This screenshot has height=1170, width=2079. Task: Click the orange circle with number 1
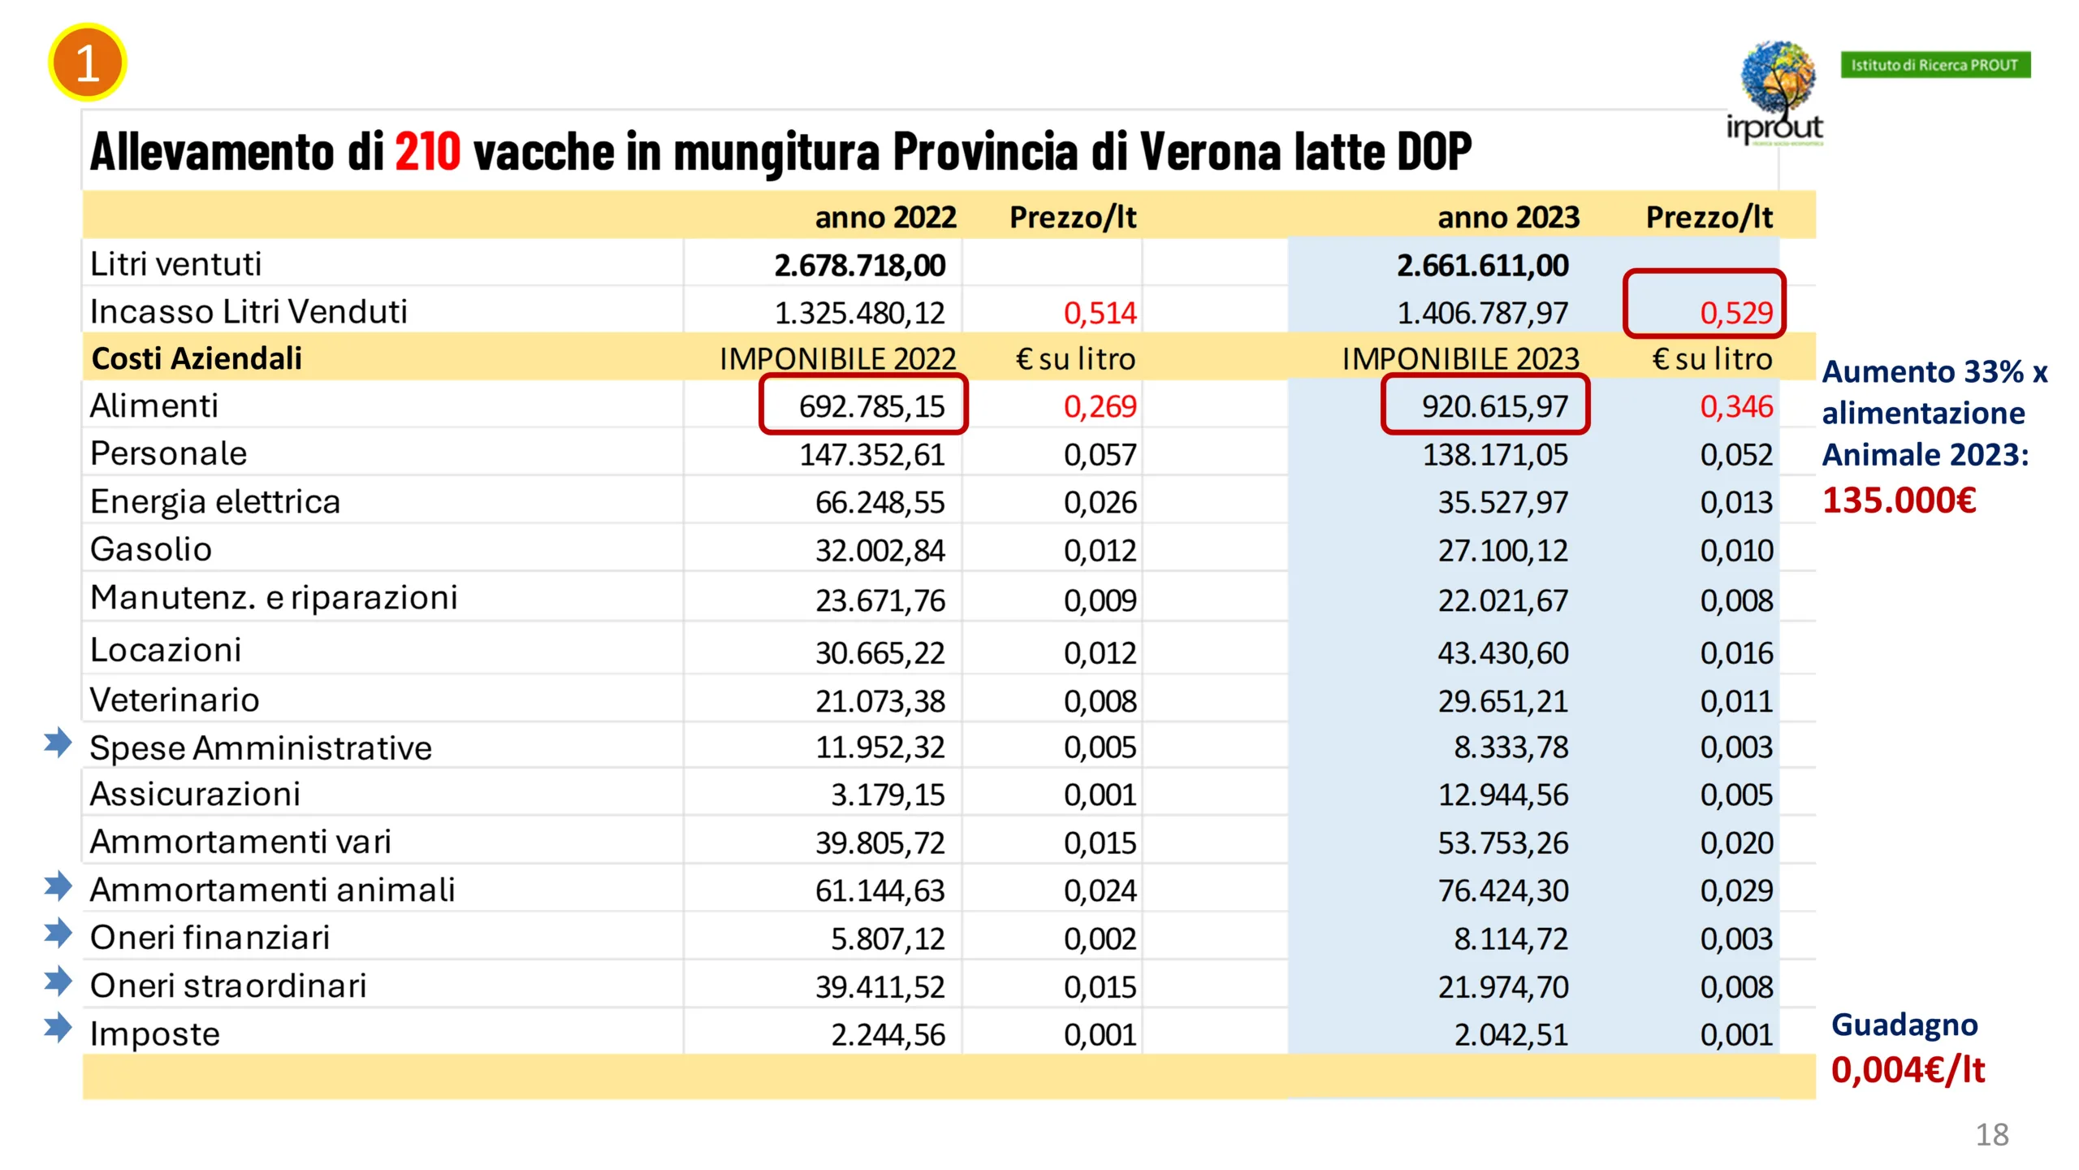[x=87, y=63]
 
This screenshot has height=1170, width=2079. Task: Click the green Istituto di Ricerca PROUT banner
[x=1935, y=65]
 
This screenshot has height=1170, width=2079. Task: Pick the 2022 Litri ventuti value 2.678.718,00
[x=859, y=265]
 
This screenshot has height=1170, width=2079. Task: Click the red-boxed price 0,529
[x=1736, y=313]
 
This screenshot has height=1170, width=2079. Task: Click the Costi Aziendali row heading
[x=197, y=358]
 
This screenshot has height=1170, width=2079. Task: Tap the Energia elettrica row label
[x=215, y=501]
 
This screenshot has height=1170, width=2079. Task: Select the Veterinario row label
[x=175, y=700]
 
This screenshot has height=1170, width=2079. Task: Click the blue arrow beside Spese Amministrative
[x=58, y=742]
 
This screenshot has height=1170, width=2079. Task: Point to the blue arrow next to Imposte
[x=58, y=1027]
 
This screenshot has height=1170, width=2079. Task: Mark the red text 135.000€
[x=1899, y=500]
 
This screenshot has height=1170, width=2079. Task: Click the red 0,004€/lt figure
[x=1908, y=1069]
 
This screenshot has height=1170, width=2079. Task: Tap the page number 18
[x=1991, y=1134]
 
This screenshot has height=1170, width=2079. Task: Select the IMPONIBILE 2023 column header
[x=1460, y=358]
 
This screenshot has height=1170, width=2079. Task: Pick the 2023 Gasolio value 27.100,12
[x=1502, y=550]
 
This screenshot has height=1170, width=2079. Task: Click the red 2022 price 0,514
[x=1100, y=313]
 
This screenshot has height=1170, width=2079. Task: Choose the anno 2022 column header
[x=885, y=217]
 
